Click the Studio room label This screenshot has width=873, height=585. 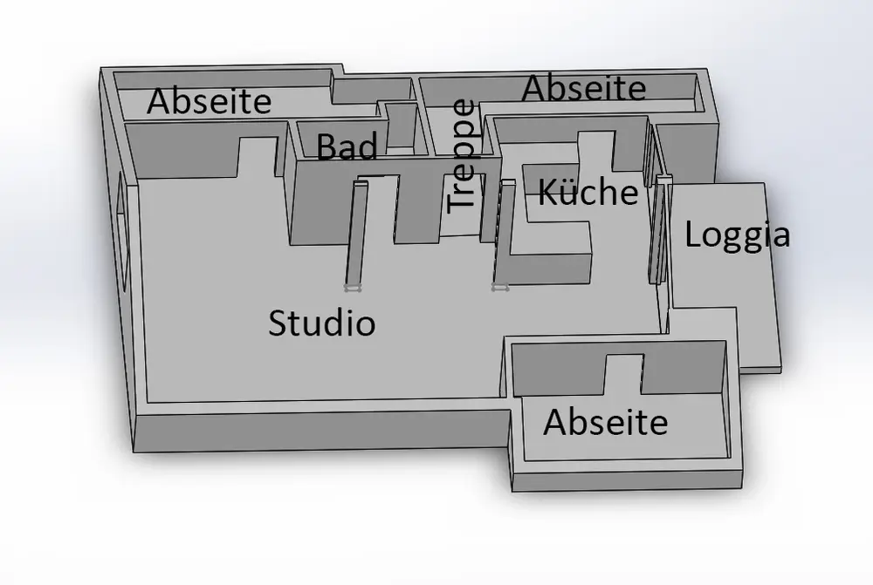coord(321,323)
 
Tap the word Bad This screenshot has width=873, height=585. coord(347,147)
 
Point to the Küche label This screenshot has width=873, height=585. coord(588,192)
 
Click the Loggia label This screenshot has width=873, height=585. coord(737,235)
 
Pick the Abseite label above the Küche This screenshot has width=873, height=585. coord(584,88)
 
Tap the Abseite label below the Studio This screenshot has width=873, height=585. coord(605,423)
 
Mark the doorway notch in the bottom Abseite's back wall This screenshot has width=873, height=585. coord(624,373)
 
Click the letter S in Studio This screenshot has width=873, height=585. coord(278,323)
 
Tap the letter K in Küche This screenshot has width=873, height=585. coord(546,192)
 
